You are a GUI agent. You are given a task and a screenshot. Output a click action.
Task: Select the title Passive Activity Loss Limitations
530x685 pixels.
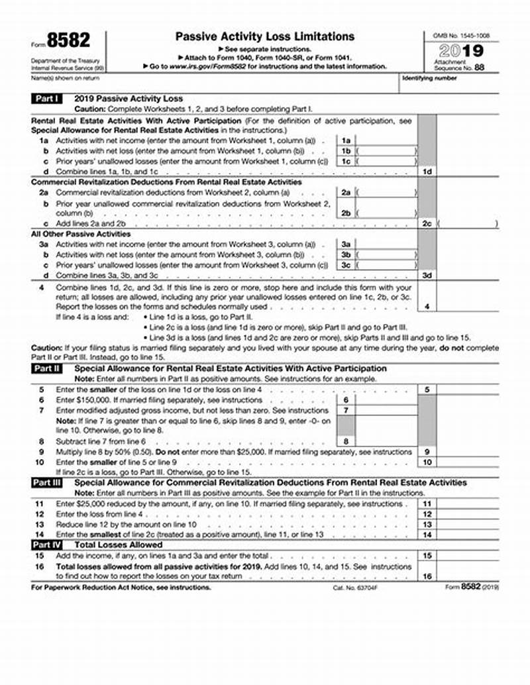pyautogui.click(x=264, y=36)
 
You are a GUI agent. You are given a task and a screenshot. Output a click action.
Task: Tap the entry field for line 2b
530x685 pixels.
pyautogui.click(x=387, y=213)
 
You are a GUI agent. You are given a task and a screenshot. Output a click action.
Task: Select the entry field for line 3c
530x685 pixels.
pyautogui.click(x=387, y=265)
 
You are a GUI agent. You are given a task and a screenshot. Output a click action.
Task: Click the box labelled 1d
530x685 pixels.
pyautogui.click(x=427, y=172)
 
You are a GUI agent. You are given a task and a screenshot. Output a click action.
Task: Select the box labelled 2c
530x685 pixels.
pyautogui.click(x=427, y=224)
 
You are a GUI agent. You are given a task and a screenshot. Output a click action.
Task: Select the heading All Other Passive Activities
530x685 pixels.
pyautogui.click(x=72, y=234)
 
